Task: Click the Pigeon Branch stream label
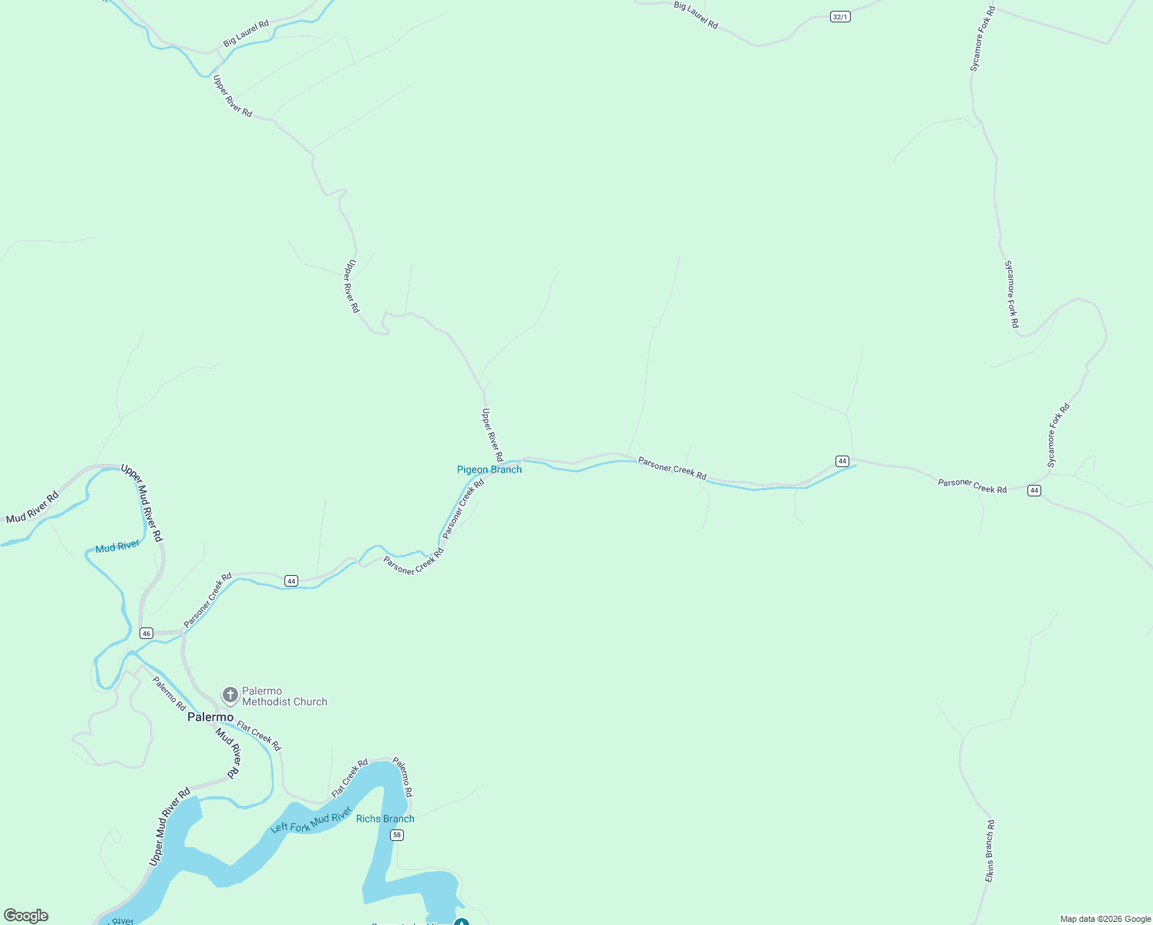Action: (x=489, y=469)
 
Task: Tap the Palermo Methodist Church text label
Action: (x=284, y=697)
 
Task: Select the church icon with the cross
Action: (x=230, y=695)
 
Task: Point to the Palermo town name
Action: (x=210, y=717)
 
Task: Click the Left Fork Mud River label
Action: (x=311, y=820)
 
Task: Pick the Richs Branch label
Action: (x=385, y=819)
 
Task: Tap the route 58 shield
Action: (x=397, y=835)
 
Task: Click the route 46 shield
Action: (x=146, y=634)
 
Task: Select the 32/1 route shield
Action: (x=840, y=16)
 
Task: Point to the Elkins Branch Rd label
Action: (x=990, y=851)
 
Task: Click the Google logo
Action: (x=26, y=916)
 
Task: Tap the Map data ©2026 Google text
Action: (x=1105, y=919)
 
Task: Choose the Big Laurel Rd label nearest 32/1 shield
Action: (x=696, y=15)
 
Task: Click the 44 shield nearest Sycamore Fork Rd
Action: (x=1034, y=490)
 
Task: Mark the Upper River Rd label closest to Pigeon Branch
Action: (x=492, y=435)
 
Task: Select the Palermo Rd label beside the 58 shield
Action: (x=403, y=777)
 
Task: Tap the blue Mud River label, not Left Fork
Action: (x=118, y=547)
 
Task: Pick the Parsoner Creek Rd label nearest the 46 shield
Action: (x=208, y=600)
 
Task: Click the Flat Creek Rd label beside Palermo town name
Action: (x=259, y=735)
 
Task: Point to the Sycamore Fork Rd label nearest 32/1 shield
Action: (x=983, y=39)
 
